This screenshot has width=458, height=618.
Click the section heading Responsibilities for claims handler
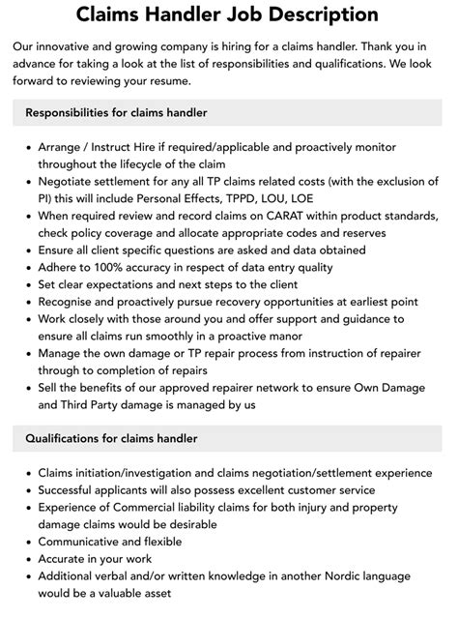(117, 113)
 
